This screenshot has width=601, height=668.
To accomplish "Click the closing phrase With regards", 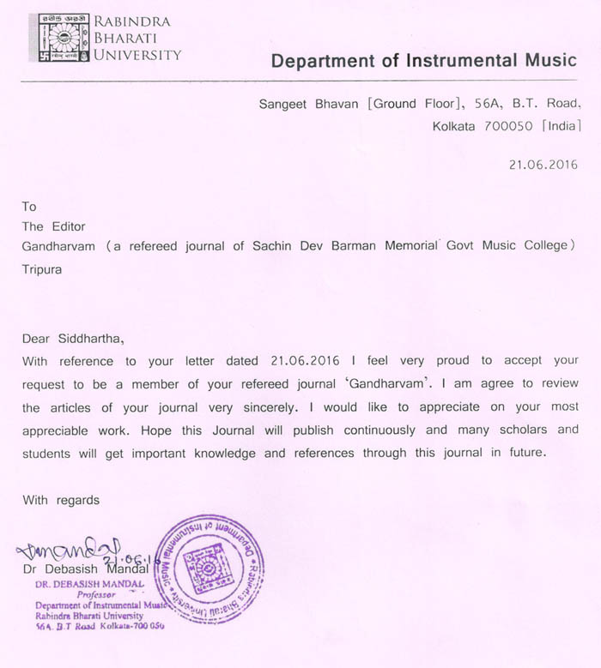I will pyautogui.click(x=61, y=500).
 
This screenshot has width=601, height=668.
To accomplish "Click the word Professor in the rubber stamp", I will pyautogui.click(x=95, y=594).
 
